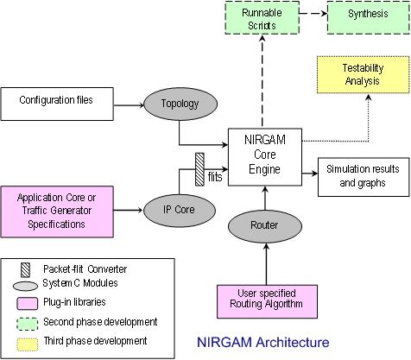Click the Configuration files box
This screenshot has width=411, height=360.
coord(57,104)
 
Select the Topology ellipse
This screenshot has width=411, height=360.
coord(180,104)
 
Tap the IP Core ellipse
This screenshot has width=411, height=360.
coord(179,210)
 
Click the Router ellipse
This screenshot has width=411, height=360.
coord(265,226)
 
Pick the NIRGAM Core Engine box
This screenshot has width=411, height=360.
coord(265,157)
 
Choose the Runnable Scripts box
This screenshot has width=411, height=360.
coord(262,18)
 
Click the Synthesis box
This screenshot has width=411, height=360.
coord(369,18)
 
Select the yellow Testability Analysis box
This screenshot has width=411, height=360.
coord(363,74)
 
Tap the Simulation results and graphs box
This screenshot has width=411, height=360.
coord(364,177)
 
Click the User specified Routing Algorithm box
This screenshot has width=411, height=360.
coord(267,301)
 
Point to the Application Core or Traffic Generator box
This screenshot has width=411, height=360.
coord(57,212)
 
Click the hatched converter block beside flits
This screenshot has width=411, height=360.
coord(199,169)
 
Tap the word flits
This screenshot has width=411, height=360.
coord(215,177)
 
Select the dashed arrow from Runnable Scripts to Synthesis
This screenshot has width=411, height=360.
coord(313,13)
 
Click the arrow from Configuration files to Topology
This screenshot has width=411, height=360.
coord(129,105)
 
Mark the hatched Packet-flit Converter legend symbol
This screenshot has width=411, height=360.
coord(25,270)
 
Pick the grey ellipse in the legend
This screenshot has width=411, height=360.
coord(25,286)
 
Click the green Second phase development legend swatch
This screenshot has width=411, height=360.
coord(28,324)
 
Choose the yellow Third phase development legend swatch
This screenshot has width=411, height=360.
coord(28,344)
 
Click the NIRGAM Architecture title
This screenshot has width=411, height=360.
coord(263,343)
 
